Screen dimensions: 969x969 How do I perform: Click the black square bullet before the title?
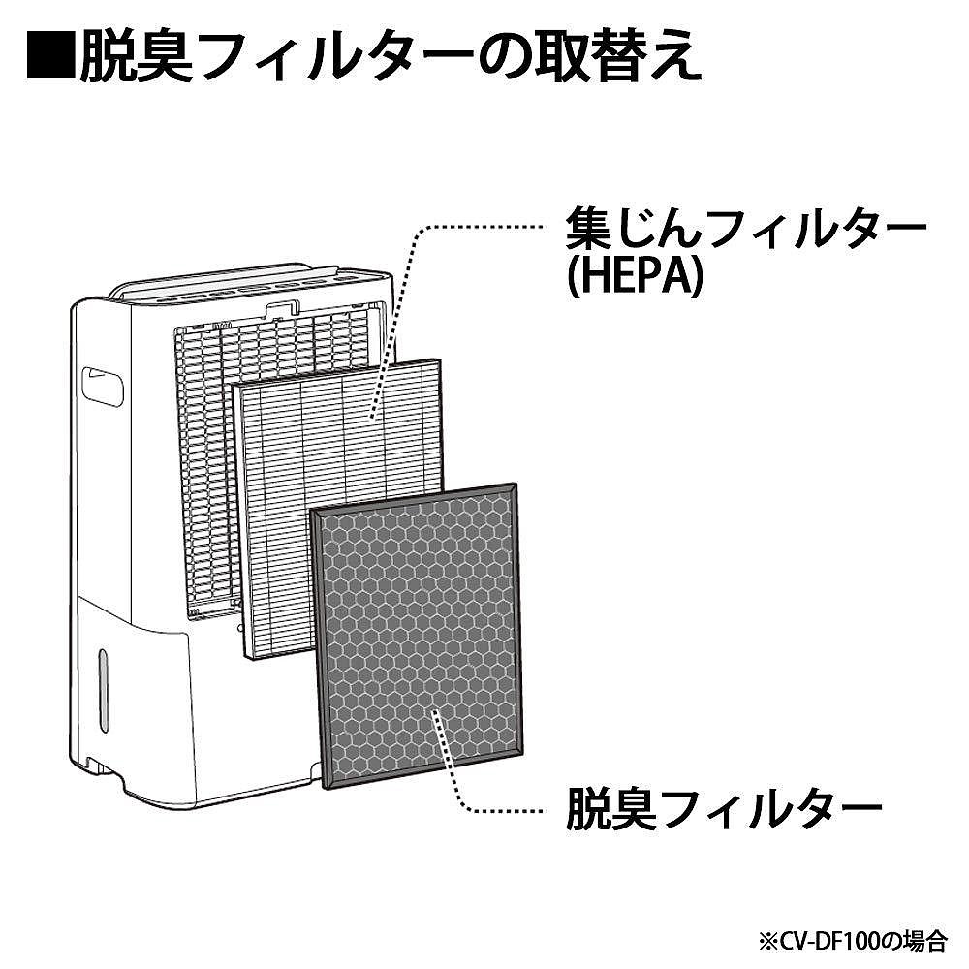click(x=49, y=59)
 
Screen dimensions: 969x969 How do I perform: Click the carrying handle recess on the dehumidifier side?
click(x=104, y=384)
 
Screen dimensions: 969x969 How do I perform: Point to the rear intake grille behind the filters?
click(x=203, y=465)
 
